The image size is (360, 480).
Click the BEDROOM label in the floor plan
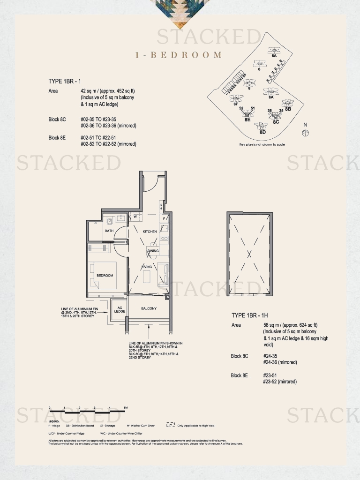[x=105, y=276]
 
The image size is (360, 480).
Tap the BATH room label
[x=109, y=231]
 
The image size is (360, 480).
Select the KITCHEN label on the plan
[x=150, y=232]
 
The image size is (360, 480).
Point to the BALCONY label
[x=149, y=308]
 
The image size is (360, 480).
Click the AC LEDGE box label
[x=120, y=310]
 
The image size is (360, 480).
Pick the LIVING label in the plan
[x=147, y=267]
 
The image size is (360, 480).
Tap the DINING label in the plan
[x=153, y=251]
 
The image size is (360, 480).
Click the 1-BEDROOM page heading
[x=179, y=55]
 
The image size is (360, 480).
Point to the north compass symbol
[x=306, y=133]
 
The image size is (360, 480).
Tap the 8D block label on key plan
[x=262, y=132]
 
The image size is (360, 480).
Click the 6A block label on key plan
[x=274, y=55]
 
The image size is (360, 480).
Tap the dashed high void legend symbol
[x=171, y=425]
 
